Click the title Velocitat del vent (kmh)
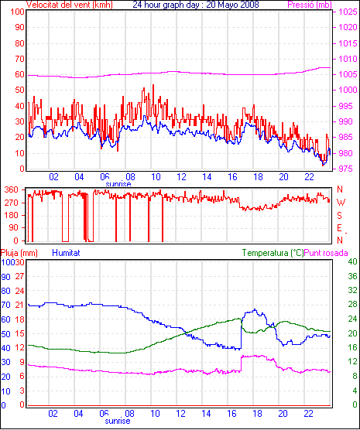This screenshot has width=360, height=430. (x=70, y=5)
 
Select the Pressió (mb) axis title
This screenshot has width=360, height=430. (x=310, y=5)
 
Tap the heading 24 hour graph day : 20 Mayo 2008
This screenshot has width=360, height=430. (x=196, y=5)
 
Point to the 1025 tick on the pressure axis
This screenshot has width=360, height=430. (x=348, y=12)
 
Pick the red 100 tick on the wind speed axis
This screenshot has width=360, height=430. (x=18, y=12)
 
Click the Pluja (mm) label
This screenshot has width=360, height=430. (x=19, y=253)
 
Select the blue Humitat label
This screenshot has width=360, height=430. (x=66, y=253)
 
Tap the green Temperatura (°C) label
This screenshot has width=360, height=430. (x=273, y=253)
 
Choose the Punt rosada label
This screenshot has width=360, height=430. (x=326, y=253)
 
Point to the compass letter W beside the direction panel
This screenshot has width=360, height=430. (x=341, y=203)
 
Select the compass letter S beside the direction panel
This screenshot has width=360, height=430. (x=340, y=216)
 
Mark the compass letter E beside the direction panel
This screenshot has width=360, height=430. (x=339, y=228)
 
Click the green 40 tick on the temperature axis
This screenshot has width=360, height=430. (x=352, y=261)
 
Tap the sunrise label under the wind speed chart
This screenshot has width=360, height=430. (x=118, y=184)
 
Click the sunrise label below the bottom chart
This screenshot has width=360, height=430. (x=118, y=421)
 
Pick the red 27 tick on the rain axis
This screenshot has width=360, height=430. (x=19, y=276)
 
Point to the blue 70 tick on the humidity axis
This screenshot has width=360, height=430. (x=5, y=305)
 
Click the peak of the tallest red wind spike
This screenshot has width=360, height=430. (x=153, y=85)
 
